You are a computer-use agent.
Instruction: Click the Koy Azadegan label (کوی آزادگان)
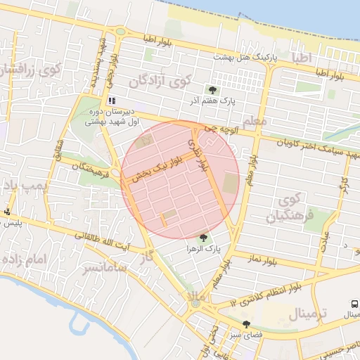(x=159, y=82)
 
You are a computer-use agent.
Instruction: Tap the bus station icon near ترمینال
(x=355, y=304)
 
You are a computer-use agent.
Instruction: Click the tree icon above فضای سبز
(x=246, y=324)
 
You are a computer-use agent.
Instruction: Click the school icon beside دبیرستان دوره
(x=112, y=101)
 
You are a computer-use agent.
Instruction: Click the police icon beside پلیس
(x=8, y=212)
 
